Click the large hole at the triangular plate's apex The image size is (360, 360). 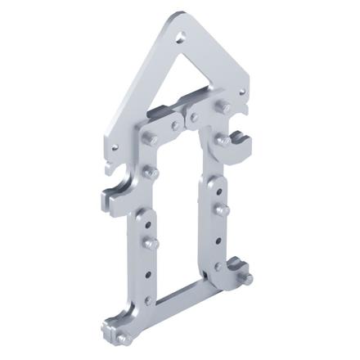(x=182, y=35)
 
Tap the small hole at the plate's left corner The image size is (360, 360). (x=115, y=147)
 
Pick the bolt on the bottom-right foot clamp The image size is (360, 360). (x=245, y=277)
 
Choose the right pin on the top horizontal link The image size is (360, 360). (x=195, y=119)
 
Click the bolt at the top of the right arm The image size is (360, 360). (x=223, y=106)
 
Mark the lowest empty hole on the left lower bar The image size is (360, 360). (x=147, y=301)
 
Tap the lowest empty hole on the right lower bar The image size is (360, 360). (x=218, y=266)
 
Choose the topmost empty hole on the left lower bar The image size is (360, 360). (x=150, y=221)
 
